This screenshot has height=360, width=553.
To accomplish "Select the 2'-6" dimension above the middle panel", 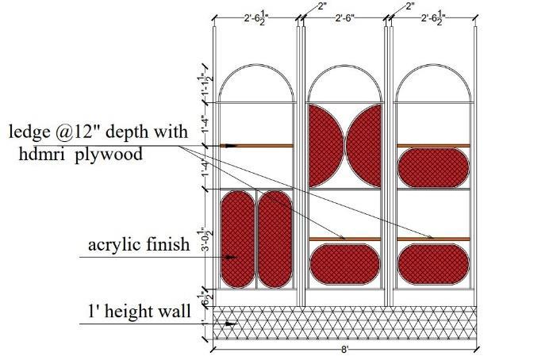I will tap(344, 17).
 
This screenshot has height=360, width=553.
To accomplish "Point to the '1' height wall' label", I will tap(139, 311).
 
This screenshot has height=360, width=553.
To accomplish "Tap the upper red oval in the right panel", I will tap(432, 168).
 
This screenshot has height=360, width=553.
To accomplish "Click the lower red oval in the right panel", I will tap(432, 263).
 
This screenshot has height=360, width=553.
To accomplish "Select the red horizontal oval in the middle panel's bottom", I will tap(344, 263).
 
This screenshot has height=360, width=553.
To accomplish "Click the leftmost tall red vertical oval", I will tap(236, 238).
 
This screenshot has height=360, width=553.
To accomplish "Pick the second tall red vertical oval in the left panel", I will tap(275, 238).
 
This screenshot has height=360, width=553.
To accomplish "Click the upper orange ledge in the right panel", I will tap(432, 146).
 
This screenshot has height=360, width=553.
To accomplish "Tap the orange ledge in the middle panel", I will tap(344, 239).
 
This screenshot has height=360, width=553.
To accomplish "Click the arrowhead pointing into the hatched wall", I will tap(231, 324).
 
